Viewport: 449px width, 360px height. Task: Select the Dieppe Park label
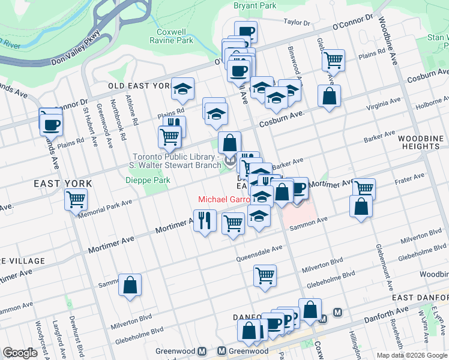(x=148, y=180)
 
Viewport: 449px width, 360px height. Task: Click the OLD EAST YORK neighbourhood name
(x=139, y=86)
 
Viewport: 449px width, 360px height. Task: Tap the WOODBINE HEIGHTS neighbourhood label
(x=421, y=142)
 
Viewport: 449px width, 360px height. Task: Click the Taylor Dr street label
(x=297, y=23)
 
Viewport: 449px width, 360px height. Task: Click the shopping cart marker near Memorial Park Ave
(x=76, y=199)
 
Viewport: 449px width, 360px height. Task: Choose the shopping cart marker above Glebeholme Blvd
(x=265, y=275)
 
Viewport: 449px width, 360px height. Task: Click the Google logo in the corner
(x=20, y=353)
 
